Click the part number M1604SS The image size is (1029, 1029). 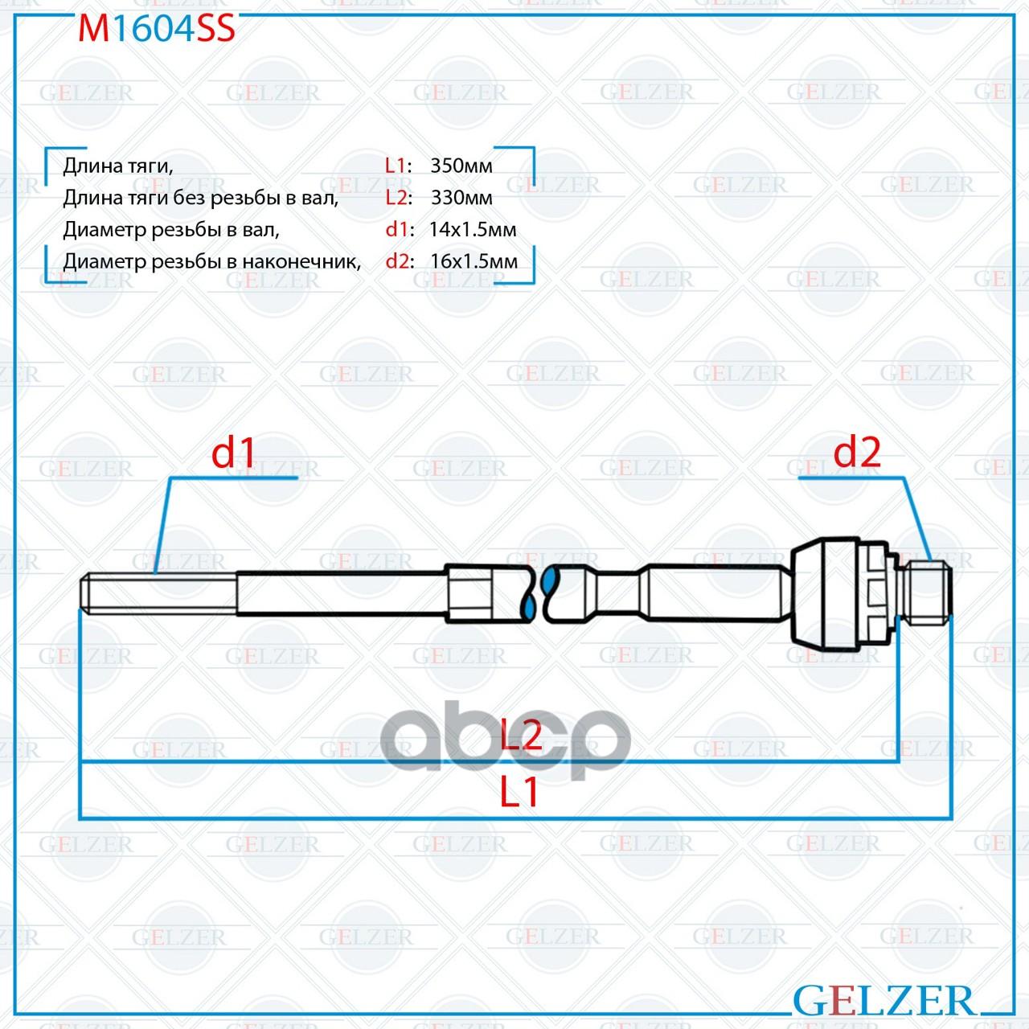[x=156, y=28]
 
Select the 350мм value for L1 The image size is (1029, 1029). [x=461, y=166]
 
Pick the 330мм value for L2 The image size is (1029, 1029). [x=461, y=198]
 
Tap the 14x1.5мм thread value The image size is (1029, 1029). [x=473, y=230]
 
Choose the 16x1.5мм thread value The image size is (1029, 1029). [x=474, y=261]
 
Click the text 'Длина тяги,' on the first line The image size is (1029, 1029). [x=118, y=167]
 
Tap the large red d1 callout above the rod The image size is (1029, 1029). [x=233, y=453]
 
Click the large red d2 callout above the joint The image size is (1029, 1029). [x=856, y=452]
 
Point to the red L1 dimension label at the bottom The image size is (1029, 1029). [x=519, y=792]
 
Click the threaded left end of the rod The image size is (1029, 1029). [x=158, y=592]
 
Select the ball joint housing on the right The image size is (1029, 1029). [x=842, y=594]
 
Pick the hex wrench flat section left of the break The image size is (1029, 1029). [x=469, y=593]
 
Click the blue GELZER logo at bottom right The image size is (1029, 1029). [x=883, y=1000]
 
